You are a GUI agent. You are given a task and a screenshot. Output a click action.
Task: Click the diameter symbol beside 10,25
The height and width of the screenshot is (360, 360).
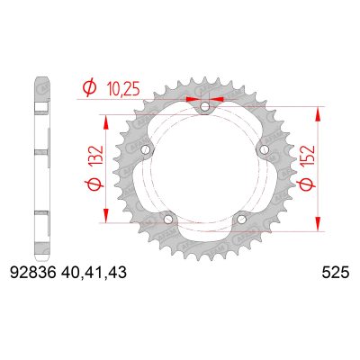89,90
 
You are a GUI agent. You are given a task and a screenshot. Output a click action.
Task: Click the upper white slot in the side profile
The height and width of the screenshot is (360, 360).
40,111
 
